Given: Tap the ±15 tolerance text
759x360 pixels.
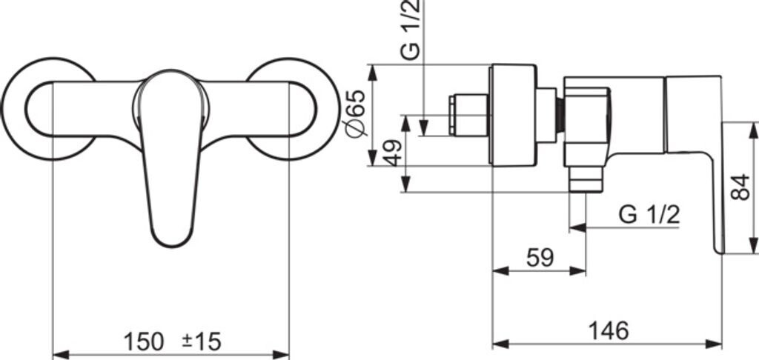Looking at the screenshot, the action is click(x=202, y=342).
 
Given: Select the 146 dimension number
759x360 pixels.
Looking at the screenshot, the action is click(x=609, y=331).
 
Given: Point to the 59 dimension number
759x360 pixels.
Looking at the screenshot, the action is click(x=540, y=258).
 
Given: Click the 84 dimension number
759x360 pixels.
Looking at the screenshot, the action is click(x=740, y=187).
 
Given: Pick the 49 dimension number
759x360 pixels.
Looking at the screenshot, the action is click(x=393, y=153).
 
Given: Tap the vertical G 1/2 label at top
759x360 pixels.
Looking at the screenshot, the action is click(x=411, y=30).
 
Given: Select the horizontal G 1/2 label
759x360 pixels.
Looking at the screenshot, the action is click(x=649, y=215).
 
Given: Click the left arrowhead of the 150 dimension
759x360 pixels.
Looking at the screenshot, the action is click(x=61, y=355).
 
